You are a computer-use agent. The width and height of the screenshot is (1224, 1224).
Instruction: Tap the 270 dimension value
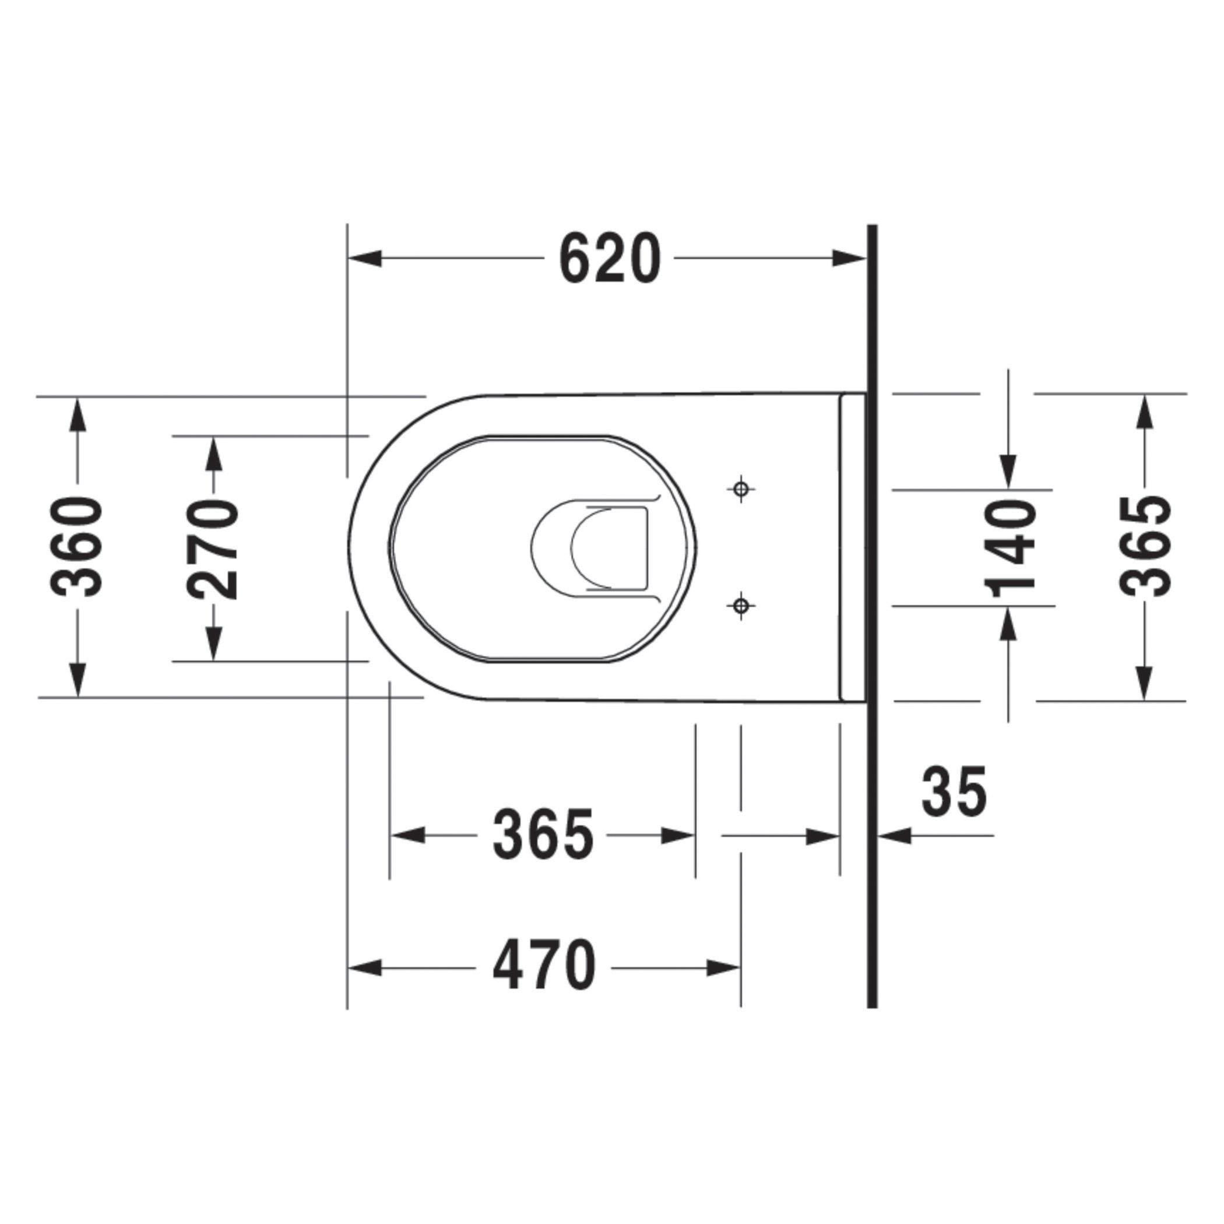coord(213,549)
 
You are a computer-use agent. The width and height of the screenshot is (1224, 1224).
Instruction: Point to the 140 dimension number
coord(1010,548)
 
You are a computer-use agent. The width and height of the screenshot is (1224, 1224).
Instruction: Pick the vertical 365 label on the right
coord(1145,547)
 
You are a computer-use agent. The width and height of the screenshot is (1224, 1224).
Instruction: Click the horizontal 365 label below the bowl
coord(544,835)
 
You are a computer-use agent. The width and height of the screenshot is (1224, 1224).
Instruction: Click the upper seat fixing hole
coord(741,489)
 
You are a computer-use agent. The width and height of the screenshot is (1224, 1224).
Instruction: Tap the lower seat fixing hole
coord(741,606)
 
